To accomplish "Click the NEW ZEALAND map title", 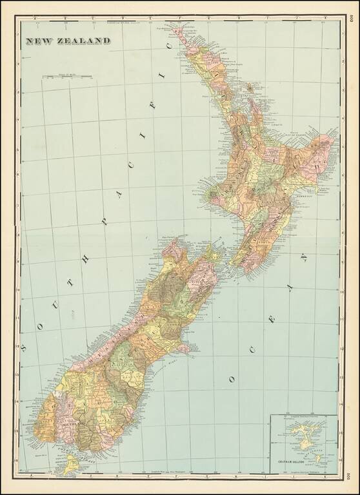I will pyautogui.click(x=67, y=41).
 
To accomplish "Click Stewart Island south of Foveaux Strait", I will pyautogui.click(x=70, y=464).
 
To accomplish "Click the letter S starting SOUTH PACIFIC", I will pyautogui.click(x=23, y=348).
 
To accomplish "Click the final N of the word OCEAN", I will pyautogui.click(x=303, y=258).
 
